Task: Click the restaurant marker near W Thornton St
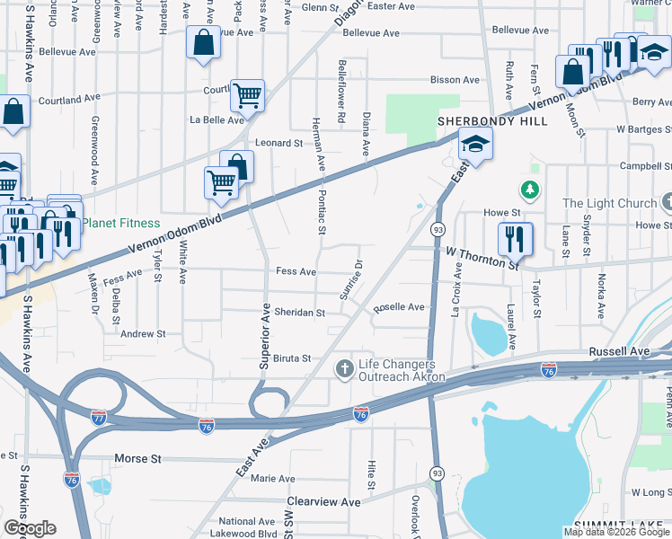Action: click(515, 239)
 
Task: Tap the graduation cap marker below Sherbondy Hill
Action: click(473, 144)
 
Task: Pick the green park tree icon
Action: click(530, 190)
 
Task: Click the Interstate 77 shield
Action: click(99, 418)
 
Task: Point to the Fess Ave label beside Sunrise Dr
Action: click(296, 271)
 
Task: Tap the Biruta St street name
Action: click(292, 358)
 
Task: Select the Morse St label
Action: click(137, 459)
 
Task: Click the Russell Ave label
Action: click(619, 351)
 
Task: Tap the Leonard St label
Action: click(279, 143)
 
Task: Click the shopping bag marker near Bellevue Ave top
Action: click(204, 41)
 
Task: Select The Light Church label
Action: click(610, 203)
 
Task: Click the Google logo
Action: click(30, 528)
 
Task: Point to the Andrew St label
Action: click(143, 333)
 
